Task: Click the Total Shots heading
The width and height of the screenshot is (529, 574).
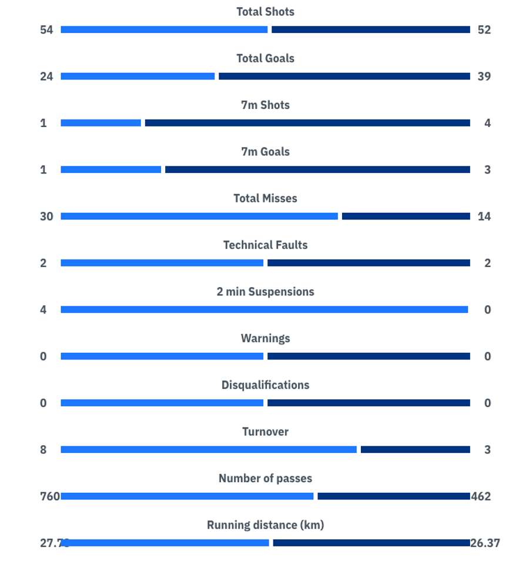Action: pos(265,12)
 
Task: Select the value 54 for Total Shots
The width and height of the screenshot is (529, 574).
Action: pos(46,30)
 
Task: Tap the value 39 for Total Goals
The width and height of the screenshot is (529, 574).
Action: pos(484,76)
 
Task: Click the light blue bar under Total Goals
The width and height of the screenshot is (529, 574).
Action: pos(138,76)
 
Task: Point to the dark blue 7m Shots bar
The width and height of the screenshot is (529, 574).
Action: pos(307,123)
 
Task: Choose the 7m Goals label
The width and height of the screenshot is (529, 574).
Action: pos(265,152)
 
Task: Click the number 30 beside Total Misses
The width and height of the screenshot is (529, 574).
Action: pos(46,216)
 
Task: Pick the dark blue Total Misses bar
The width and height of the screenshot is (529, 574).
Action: pos(406,216)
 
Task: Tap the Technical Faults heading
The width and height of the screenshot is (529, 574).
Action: pos(265,245)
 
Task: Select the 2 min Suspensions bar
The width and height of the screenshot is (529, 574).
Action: pos(264,310)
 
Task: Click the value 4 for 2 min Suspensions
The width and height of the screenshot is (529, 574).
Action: pos(43,310)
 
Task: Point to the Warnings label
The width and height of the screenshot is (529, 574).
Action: pos(265,338)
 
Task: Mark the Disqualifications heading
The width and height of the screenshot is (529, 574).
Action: pos(265,385)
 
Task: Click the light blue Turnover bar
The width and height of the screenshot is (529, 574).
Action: pos(209,450)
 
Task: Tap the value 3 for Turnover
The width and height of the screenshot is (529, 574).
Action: pos(487,450)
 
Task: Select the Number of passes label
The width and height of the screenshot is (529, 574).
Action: pos(265,479)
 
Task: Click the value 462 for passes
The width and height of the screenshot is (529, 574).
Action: pos(481,496)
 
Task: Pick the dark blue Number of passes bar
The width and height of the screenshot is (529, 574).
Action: pos(393,496)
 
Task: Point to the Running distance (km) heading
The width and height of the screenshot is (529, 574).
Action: pos(265,525)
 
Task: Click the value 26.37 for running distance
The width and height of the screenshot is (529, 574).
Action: pos(486,543)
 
